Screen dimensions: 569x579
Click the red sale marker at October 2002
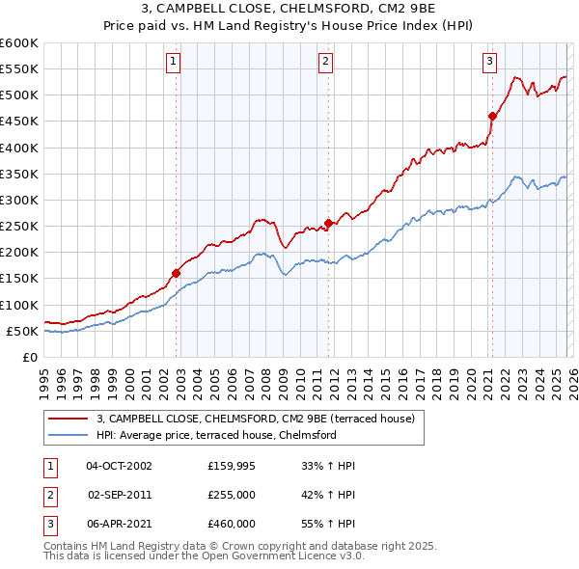tap(177, 273)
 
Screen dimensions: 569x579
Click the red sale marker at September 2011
tap(328, 223)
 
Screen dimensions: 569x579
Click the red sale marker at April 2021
tap(492, 116)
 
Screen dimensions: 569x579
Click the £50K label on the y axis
tap(23, 331)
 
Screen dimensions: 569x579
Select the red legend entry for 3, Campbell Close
tap(255, 419)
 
